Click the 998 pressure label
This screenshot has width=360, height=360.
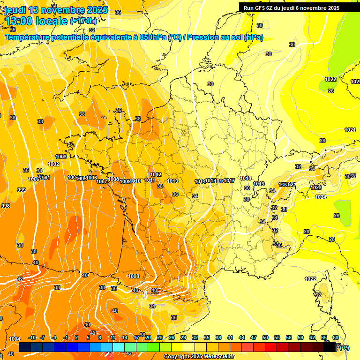point(6,206)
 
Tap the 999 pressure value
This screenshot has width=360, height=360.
point(22,190)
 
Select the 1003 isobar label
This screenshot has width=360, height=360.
point(61,157)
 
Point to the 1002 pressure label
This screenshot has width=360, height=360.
point(53,164)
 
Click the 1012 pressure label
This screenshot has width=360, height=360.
point(156,175)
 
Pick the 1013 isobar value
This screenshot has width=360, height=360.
point(172,181)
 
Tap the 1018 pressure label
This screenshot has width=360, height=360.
point(246,178)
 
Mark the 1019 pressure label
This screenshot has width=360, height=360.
point(259,184)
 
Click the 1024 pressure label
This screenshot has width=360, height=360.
point(321,197)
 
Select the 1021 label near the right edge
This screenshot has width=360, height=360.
point(350,130)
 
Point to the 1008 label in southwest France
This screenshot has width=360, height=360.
point(134,276)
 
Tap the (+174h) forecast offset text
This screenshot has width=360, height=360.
point(83,21)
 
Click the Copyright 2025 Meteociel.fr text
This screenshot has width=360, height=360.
point(199,357)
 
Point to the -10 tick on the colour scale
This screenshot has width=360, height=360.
point(32,337)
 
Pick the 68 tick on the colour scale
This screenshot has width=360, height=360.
point(336,337)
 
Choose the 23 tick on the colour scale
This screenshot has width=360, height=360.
point(160,337)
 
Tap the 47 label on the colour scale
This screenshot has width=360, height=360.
point(254,337)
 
